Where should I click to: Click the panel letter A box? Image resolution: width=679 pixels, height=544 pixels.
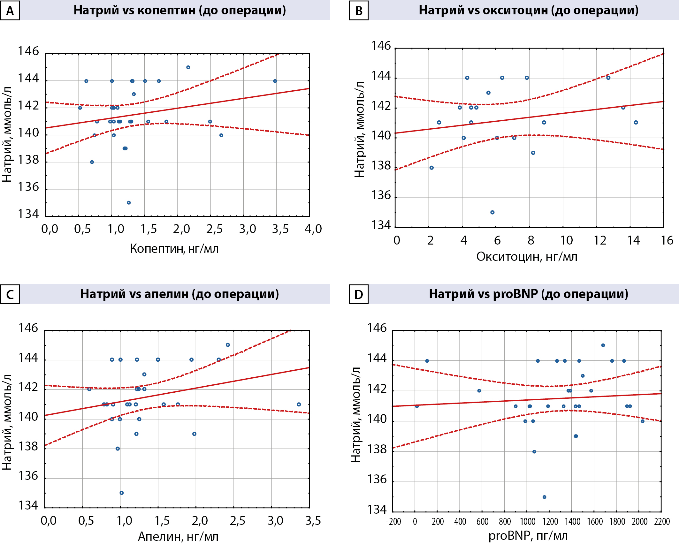[10, 11]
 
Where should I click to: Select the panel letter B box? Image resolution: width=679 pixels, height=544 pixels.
[359, 11]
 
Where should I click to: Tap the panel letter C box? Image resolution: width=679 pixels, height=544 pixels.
[10, 294]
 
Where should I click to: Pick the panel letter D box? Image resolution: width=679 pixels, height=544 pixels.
[359, 294]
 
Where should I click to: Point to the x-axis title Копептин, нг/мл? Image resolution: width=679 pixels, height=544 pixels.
[174, 249]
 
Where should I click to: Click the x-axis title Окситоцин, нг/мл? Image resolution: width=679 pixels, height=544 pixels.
[527, 257]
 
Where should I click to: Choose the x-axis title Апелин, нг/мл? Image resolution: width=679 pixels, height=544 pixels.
[178, 537]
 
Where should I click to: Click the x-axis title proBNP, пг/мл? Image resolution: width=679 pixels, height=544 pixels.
[528, 535]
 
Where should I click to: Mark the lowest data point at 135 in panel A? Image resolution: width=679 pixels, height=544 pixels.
[129, 203]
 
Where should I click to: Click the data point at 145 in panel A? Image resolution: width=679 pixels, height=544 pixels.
[188, 67]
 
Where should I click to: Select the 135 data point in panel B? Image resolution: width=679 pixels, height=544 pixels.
[492, 212]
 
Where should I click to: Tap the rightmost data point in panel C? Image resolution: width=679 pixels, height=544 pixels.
[299, 404]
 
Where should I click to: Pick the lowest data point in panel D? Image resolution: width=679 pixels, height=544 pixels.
[544, 497]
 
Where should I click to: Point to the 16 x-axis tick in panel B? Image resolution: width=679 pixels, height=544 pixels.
[667, 240]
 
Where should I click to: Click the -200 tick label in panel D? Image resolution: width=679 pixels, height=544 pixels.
[393, 522]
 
